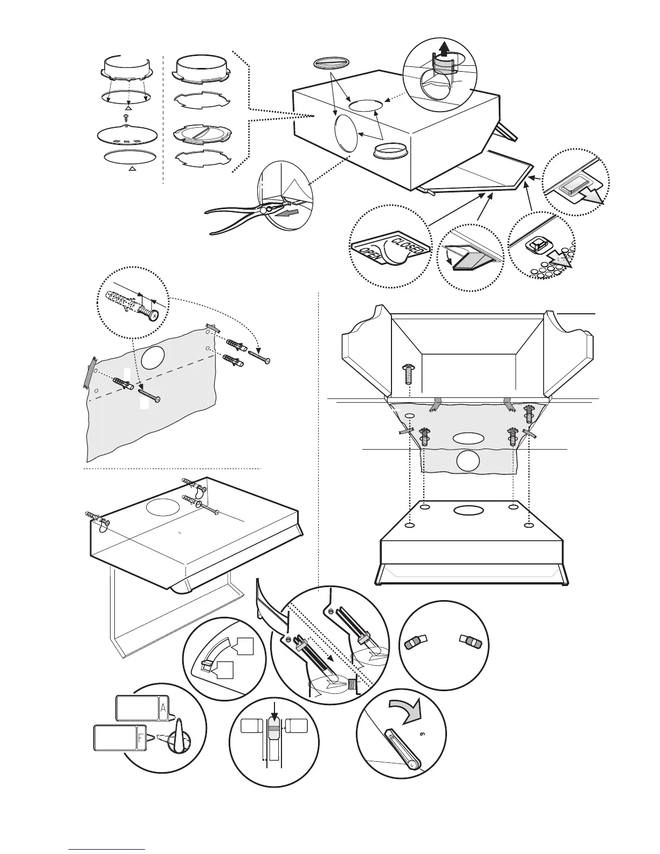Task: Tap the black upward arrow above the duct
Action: tap(443, 50)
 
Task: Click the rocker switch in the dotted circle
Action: tap(572, 188)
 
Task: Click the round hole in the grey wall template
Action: tap(154, 357)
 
